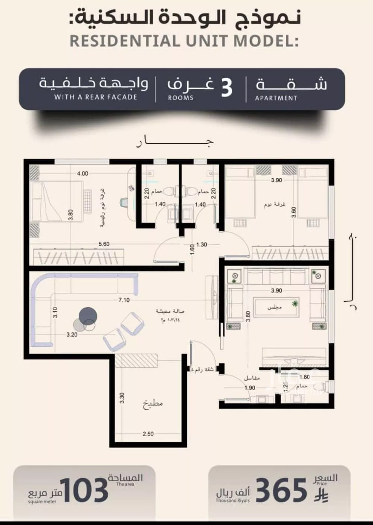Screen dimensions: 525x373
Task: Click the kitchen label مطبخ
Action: (153, 404)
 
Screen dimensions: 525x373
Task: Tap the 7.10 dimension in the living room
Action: (124, 300)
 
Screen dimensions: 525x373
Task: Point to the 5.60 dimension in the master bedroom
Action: (104, 244)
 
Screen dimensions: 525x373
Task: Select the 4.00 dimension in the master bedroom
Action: (82, 173)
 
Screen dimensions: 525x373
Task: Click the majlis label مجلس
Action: (275, 307)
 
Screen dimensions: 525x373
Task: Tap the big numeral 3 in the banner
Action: (226, 88)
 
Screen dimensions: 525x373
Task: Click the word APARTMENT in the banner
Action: (276, 98)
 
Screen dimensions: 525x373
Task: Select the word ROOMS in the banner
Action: (181, 98)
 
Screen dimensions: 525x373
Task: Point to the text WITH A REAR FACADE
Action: (96, 97)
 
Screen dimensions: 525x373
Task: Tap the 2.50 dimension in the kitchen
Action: (148, 434)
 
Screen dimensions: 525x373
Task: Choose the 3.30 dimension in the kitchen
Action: (122, 398)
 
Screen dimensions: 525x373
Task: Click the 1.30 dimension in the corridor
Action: (201, 245)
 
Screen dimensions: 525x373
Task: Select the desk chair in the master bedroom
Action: (125, 202)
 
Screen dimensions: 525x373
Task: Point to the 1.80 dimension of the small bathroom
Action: (304, 377)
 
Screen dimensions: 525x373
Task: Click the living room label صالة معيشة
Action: (170, 311)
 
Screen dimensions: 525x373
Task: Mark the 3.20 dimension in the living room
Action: (72, 334)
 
